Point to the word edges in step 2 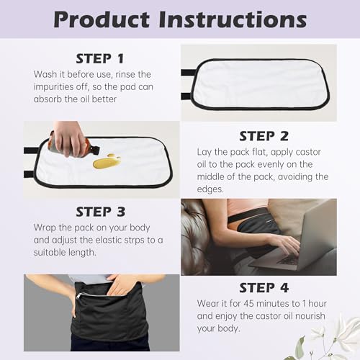pos(211,189)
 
